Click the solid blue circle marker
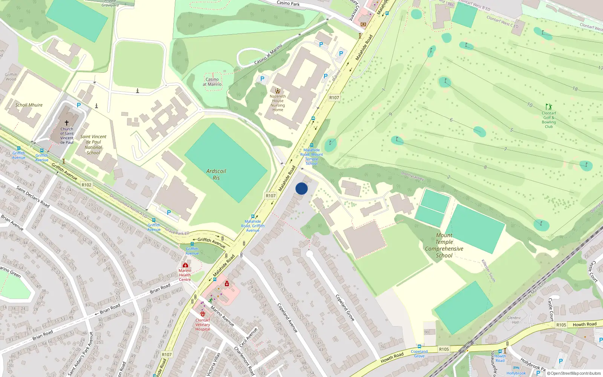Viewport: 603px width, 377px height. point(301,188)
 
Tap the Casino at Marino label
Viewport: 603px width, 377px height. point(212,82)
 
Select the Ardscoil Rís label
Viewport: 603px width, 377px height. point(216,174)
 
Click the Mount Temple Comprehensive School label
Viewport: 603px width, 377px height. point(444,245)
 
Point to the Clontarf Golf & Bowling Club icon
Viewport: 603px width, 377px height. point(549,107)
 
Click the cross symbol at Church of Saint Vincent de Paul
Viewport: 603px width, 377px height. point(67,123)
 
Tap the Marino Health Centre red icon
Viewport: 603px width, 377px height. point(185,265)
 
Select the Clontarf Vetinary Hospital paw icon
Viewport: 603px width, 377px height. point(203,314)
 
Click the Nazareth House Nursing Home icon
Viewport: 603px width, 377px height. point(278,91)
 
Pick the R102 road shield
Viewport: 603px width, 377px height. point(86,185)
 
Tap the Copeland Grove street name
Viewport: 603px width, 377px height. point(345,308)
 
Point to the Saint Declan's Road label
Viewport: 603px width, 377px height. point(33,196)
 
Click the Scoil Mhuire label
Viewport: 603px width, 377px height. point(29,105)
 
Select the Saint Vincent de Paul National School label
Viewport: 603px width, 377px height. point(93,145)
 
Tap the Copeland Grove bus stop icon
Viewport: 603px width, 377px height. point(419,346)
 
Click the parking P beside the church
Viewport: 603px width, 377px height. point(79,105)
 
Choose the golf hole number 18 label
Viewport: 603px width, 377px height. point(575,89)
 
